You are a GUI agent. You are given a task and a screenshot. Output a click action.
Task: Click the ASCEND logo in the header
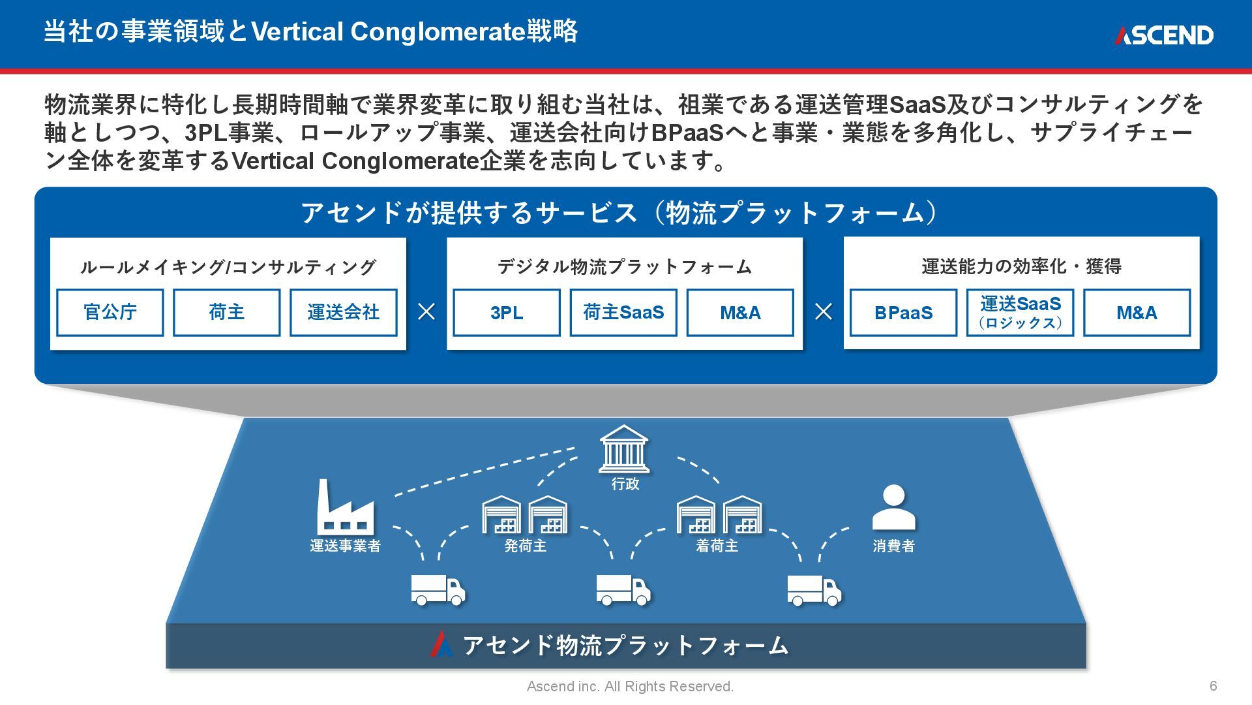[1163, 35]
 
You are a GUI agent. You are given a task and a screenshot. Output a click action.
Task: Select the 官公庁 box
[110, 313]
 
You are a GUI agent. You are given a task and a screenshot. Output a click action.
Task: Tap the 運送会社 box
[343, 313]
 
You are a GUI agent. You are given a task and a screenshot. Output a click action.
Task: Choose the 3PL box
[507, 313]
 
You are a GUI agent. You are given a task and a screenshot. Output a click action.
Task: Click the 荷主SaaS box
[623, 313]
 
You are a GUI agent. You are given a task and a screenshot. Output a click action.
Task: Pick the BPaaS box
[903, 313]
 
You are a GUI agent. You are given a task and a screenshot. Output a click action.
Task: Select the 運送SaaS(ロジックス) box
[1020, 313]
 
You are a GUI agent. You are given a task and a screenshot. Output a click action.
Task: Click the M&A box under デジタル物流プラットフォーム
[740, 313]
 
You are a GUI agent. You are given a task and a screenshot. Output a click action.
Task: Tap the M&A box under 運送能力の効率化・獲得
[1137, 313]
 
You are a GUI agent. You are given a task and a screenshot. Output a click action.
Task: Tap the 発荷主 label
[525, 546]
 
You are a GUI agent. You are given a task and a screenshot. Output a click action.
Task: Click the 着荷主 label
[717, 546]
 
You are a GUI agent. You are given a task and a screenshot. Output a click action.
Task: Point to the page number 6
[1213, 686]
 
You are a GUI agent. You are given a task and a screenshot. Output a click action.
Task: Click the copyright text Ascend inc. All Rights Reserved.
[630, 687]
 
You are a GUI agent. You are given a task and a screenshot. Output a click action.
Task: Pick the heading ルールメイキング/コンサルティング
[228, 267]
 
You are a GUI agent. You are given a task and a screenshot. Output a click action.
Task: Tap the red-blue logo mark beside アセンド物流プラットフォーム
[441, 644]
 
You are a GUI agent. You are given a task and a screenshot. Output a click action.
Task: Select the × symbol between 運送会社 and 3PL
[426, 312]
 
